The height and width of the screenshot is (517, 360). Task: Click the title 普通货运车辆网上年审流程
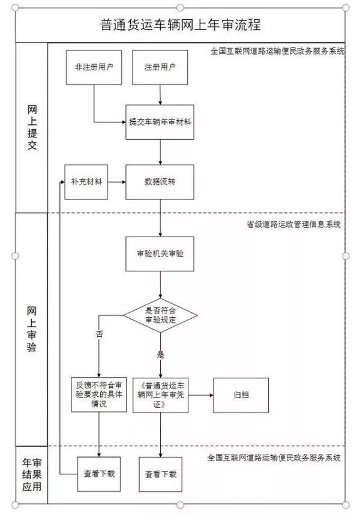pos(181,26)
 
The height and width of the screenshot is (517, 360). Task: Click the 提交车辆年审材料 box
pos(160,122)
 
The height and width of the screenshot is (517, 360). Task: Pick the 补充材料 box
pos(86,181)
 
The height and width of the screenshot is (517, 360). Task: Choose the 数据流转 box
pos(160,181)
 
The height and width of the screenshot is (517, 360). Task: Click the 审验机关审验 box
pos(160,254)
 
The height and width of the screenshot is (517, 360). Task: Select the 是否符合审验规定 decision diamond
pos(160,314)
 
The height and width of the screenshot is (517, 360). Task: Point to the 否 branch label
pos(99,334)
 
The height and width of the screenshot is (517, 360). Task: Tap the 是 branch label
pos(160,354)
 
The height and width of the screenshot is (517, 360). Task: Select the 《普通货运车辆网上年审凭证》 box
pos(160,395)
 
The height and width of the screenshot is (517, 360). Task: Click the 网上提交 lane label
pos(32,128)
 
